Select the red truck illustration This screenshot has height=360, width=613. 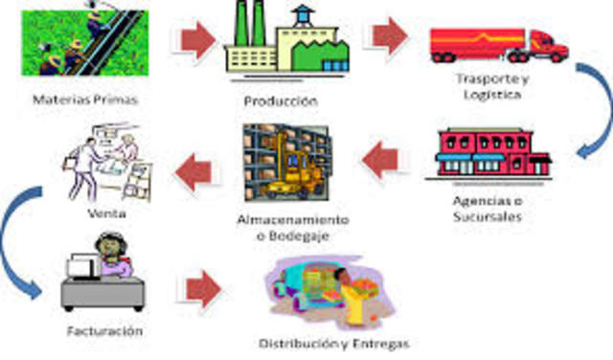498,44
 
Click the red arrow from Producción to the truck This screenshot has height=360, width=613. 388,36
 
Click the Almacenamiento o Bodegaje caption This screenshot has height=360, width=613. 292,227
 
